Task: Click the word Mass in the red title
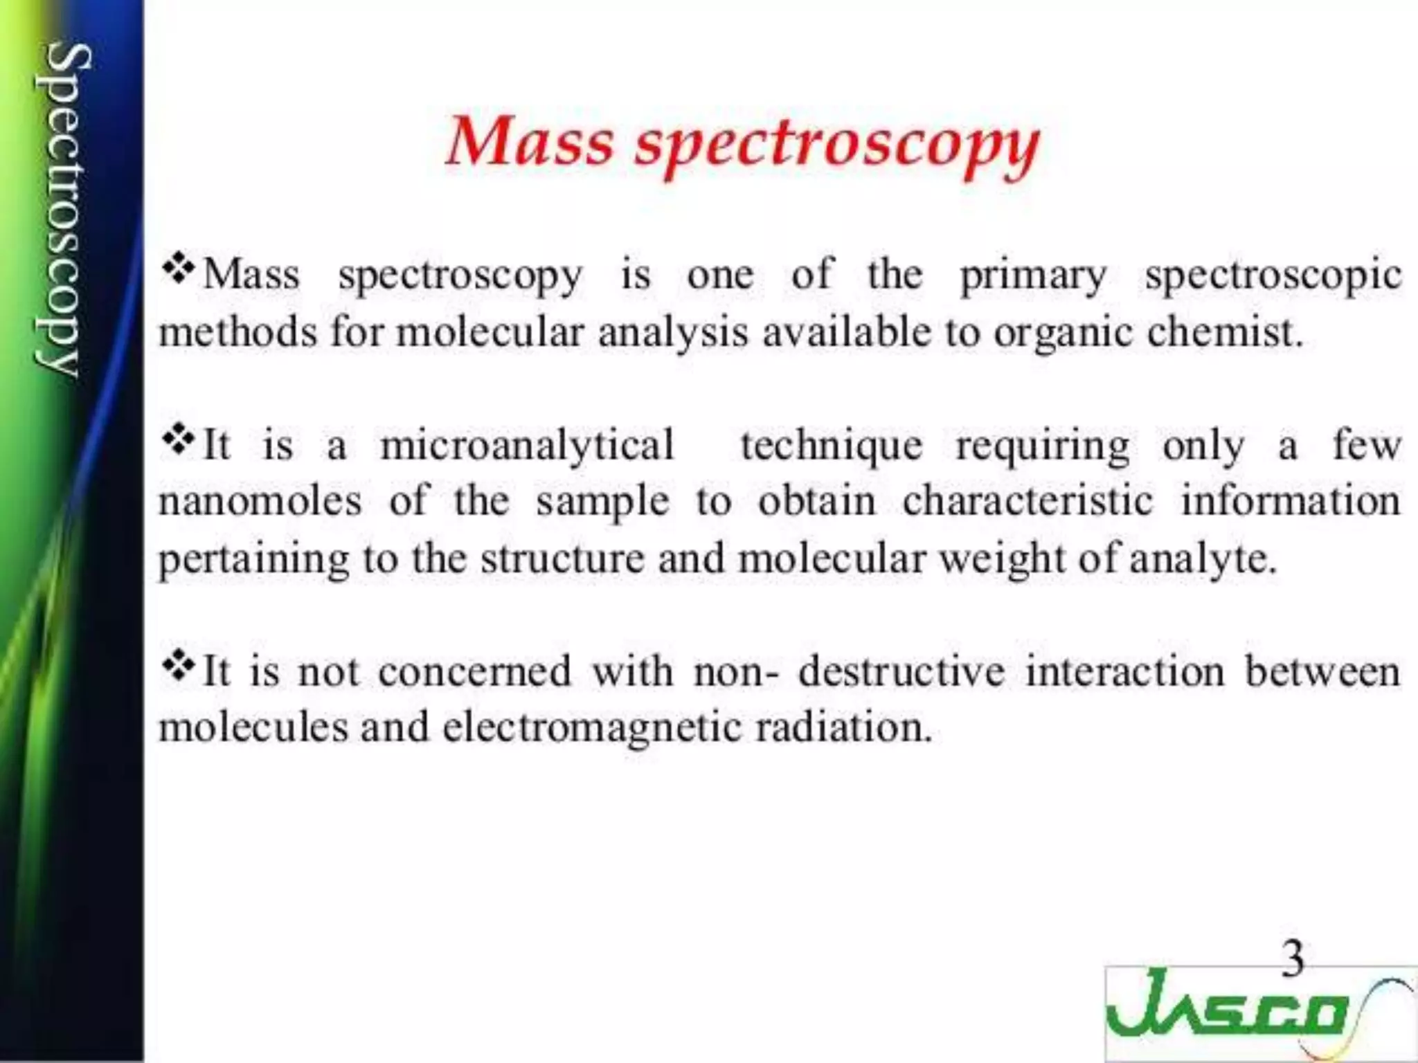point(530,142)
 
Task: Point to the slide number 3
point(1292,959)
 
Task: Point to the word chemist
point(1224,332)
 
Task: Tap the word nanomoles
point(260,502)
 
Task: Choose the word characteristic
point(1028,502)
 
